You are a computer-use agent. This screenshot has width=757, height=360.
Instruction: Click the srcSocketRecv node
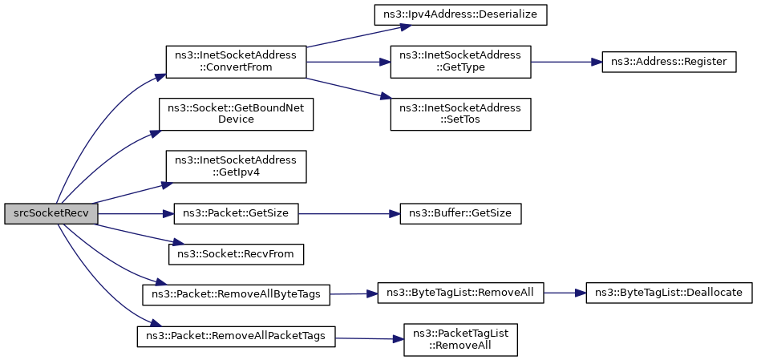click(51, 214)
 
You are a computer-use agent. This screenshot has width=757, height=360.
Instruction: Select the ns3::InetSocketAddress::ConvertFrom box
click(236, 62)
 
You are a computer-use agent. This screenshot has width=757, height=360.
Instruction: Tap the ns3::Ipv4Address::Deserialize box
click(460, 15)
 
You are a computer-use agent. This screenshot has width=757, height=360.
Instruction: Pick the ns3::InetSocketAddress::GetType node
click(460, 62)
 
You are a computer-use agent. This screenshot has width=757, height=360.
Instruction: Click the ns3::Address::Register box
click(669, 63)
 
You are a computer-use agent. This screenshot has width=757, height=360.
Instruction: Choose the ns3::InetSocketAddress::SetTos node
click(460, 114)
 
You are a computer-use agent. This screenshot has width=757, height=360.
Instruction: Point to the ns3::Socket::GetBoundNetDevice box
click(236, 114)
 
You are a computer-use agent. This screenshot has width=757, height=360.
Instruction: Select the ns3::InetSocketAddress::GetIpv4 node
click(236, 167)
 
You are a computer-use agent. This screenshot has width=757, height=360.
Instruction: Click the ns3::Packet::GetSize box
click(236, 213)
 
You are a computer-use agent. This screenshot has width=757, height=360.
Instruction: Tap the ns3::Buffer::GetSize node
click(460, 213)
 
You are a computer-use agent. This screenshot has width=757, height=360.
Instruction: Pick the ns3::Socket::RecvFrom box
click(236, 254)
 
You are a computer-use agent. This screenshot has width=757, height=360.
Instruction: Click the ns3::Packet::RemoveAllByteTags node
click(236, 294)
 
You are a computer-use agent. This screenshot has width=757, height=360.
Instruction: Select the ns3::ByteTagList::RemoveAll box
click(460, 293)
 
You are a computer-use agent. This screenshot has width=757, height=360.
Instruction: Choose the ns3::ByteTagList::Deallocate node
click(669, 293)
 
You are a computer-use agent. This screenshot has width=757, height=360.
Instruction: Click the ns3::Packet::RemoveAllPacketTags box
click(236, 336)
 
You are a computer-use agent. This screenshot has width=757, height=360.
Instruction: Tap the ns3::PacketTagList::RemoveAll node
click(460, 340)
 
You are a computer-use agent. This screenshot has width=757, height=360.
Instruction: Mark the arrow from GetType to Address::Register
click(566, 63)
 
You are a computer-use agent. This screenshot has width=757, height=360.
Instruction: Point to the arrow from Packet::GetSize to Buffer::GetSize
click(349, 213)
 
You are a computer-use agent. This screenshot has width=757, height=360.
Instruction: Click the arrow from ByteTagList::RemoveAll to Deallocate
click(565, 293)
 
